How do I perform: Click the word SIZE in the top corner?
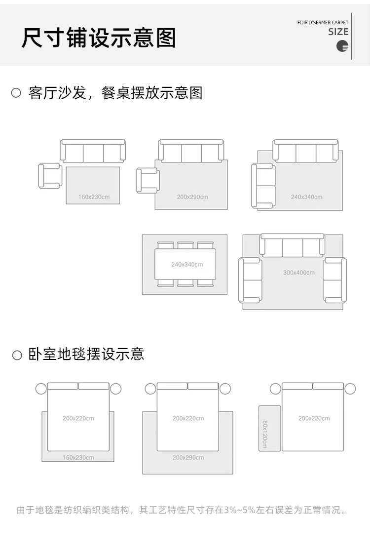(x=338, y=32)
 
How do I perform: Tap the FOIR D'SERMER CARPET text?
(x=323, y=23)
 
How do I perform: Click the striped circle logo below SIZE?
(x=342, y=46)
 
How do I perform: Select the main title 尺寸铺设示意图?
(x=99, y=38)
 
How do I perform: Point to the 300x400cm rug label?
(x=298, y=273)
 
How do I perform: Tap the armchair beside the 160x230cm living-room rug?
(x=50, y=176)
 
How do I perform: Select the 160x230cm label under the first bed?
(x=78, y=458)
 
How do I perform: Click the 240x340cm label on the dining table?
(x=187, y=265)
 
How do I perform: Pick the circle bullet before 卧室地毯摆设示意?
(x=17, y=355)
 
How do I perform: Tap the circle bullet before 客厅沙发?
(x=16, y=93)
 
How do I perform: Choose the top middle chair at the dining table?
(x=185, y=245)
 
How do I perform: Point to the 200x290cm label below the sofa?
(x=192, y=197)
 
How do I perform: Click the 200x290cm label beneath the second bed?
(x=188, y=458)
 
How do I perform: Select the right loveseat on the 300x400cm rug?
(x=334, y=280)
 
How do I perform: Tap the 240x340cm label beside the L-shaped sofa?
(x=306, y=197)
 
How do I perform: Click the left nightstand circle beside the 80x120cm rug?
(x=275, y=389)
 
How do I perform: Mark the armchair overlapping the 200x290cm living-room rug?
(x=148, y=181)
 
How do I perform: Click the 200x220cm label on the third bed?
(x=314, y=418)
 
